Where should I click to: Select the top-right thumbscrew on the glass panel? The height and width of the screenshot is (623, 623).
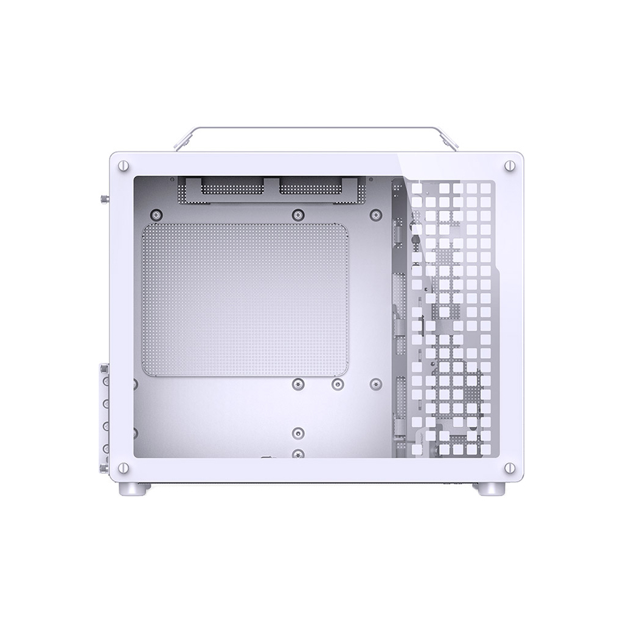coord(509,165)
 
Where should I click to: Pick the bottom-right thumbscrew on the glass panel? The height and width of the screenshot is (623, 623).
coord(509,468)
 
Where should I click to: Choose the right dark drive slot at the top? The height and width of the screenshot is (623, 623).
coord(310,188)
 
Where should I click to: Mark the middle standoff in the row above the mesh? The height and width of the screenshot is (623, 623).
coord(298,215)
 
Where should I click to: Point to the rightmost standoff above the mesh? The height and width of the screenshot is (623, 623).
coord(376,215)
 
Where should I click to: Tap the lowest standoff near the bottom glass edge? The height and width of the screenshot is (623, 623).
coord(298,454)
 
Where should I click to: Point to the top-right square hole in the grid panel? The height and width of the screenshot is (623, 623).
coord(485,188)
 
